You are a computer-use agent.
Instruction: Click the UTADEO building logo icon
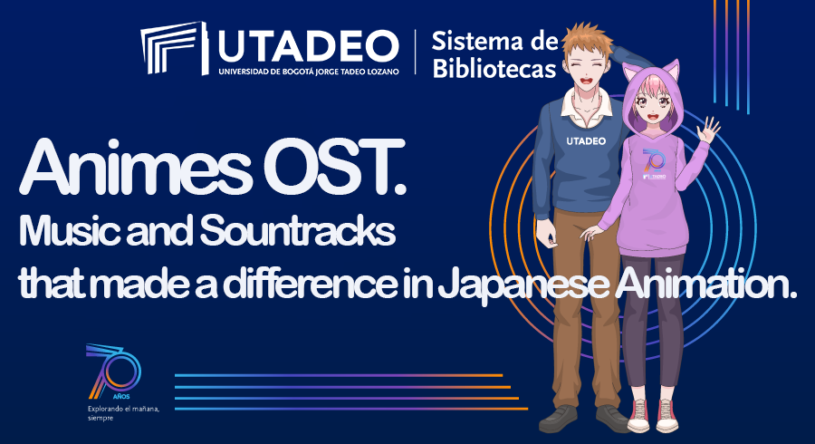[174, 48]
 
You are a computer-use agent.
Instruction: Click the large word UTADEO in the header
[308, 47]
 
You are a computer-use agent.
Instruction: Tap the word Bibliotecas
[494, 69]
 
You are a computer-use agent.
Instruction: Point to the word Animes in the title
[135, 167]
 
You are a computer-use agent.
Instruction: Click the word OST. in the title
[334, 167]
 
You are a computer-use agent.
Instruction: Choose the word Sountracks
[297, 231]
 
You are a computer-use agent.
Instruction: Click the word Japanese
[523, 285]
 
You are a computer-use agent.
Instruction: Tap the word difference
[311, 284]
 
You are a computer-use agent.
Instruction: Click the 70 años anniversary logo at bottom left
[113, 372]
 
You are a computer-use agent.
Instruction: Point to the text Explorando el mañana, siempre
[123, 413]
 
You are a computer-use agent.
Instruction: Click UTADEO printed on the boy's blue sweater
[586, 141]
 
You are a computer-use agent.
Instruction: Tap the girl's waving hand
[708, 130]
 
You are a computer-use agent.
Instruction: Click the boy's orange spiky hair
[586, 40]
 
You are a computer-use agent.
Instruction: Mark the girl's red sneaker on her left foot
[666, 415]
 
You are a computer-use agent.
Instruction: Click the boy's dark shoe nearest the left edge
[558, 419]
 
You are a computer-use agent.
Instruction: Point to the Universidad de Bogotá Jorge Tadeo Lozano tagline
[309, 72]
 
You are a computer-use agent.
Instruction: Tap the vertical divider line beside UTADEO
[416, 52]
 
